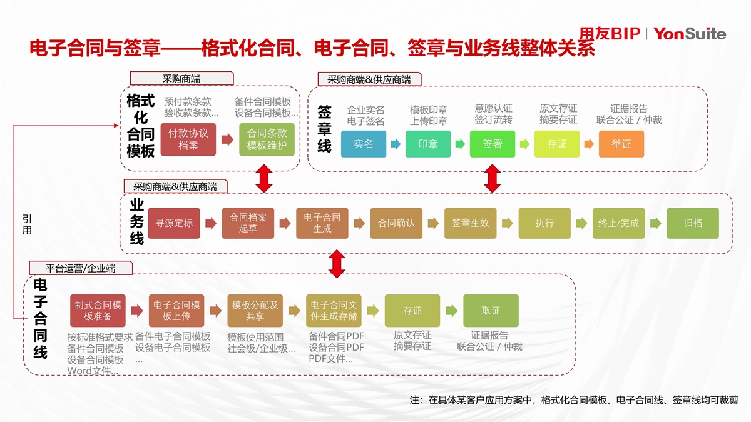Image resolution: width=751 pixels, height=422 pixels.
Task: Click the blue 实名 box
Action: tap(364, 144)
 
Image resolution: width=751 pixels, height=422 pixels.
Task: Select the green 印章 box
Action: tap(428, 144)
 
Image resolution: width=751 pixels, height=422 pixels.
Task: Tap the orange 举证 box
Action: tap(621, 144)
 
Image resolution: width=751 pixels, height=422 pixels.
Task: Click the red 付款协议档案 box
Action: tap(188, 139)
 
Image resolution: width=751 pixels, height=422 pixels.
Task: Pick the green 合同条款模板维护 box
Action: tap(267, 139)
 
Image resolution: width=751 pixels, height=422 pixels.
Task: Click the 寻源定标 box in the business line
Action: tap(174, 223)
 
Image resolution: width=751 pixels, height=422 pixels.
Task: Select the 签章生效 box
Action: tap(470, 223)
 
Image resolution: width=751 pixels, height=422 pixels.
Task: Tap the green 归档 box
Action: tap(692, 223)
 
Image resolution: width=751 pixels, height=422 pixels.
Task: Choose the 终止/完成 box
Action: tap(618, 223)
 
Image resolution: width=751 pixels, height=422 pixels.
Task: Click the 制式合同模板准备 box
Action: tap(98, 311)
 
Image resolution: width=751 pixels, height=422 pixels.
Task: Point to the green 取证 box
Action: tap(491, 311)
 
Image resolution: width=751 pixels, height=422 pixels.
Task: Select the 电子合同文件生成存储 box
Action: tap(334, 311)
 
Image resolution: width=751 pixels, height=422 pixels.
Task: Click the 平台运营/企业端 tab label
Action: tap(81, 268)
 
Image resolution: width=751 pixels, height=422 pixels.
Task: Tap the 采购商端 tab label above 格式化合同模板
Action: tap(181, 79)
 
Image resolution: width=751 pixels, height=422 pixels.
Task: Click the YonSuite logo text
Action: tap(690, 33)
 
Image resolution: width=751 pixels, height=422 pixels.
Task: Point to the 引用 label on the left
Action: tap(27, 224)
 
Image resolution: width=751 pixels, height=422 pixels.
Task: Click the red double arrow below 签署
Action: tap(493, 179)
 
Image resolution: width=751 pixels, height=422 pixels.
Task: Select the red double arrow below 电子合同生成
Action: tap(337, 263)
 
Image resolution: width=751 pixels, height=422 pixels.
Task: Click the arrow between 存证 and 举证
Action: tap(589, 144)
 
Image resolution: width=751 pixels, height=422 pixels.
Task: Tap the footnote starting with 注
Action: tap(573, 400)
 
